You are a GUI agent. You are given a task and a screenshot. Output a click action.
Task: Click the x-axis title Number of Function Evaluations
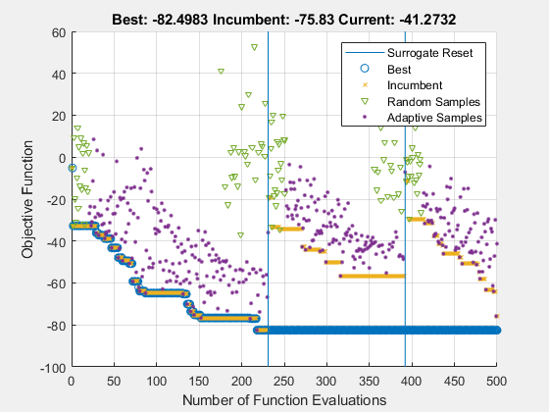[x=283, y=399]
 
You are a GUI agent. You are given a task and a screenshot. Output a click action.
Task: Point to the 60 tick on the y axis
[x=57, y=32]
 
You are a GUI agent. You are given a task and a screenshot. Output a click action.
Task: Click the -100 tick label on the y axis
[x=51, y=368]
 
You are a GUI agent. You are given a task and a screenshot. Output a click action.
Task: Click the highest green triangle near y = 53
[x=255, y=46]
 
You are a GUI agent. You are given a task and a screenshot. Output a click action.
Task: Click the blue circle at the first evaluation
[x=72, y=169]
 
